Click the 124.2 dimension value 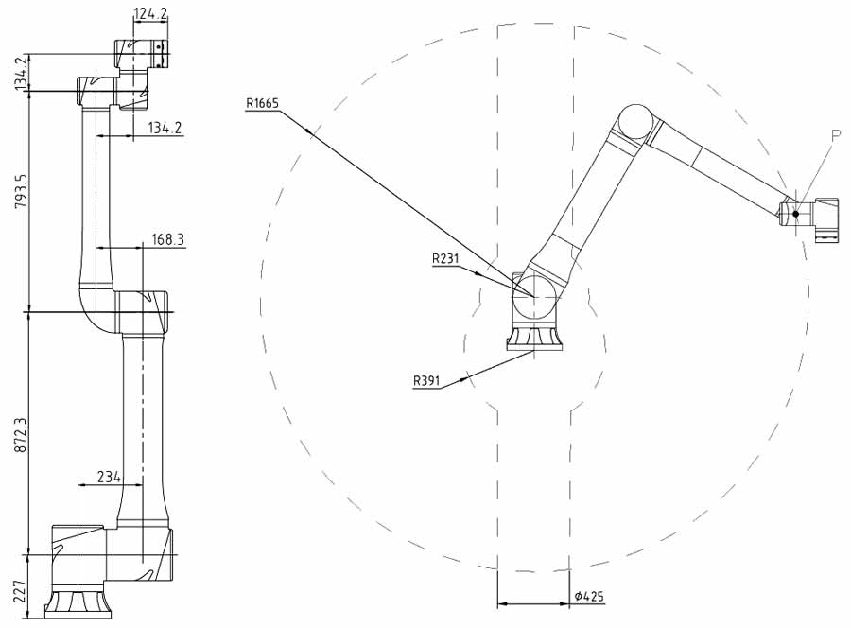150,14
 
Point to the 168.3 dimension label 167,240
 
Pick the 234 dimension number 109,477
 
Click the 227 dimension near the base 20,592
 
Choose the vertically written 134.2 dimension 21,75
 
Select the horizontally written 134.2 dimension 165,128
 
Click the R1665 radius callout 262,103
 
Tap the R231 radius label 445,258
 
